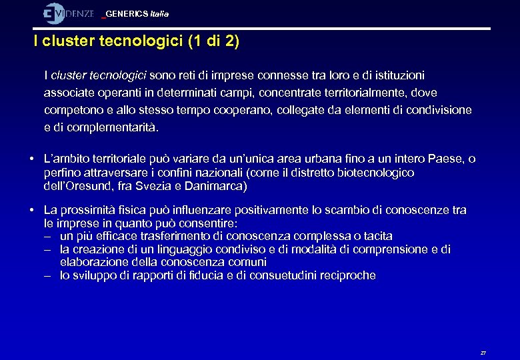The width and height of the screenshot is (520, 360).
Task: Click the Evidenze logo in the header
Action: [x=69, y=13]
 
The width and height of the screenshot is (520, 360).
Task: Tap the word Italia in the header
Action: [x=160, y=14]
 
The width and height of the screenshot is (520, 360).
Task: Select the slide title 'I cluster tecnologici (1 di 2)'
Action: [x=137, y=42]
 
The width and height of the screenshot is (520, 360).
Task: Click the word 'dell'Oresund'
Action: [x=71, y=186]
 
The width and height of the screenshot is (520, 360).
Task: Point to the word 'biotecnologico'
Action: [x=377, y=173]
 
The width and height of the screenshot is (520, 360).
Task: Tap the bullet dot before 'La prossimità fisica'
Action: [x=31, y=211]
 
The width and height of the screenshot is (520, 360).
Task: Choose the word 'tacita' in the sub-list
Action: [x=377, y=236]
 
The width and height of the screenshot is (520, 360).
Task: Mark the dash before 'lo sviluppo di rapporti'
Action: [x=48, y=275]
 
